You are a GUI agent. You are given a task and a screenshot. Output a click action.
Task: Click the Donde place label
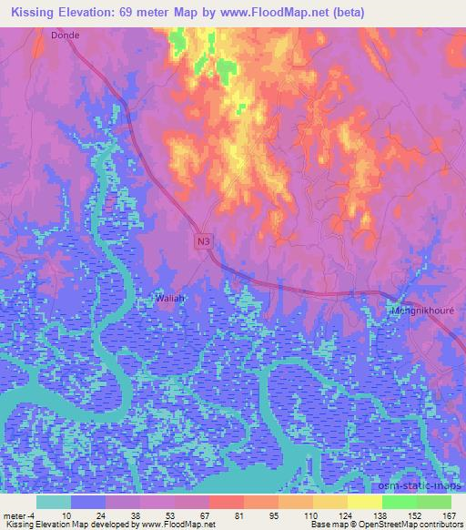pyautogui.click(x=66, y=35)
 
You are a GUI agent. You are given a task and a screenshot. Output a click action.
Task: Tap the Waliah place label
pyautogui.click(x=170, y=298)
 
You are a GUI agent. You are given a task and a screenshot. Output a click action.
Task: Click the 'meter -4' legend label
pyautogui.click(x=17, y=515)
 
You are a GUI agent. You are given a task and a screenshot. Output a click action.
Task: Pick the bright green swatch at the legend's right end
pyautogui.click(x=433, y=502)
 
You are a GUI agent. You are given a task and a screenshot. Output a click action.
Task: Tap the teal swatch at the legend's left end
pyautogui.click(x=54, y=502)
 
